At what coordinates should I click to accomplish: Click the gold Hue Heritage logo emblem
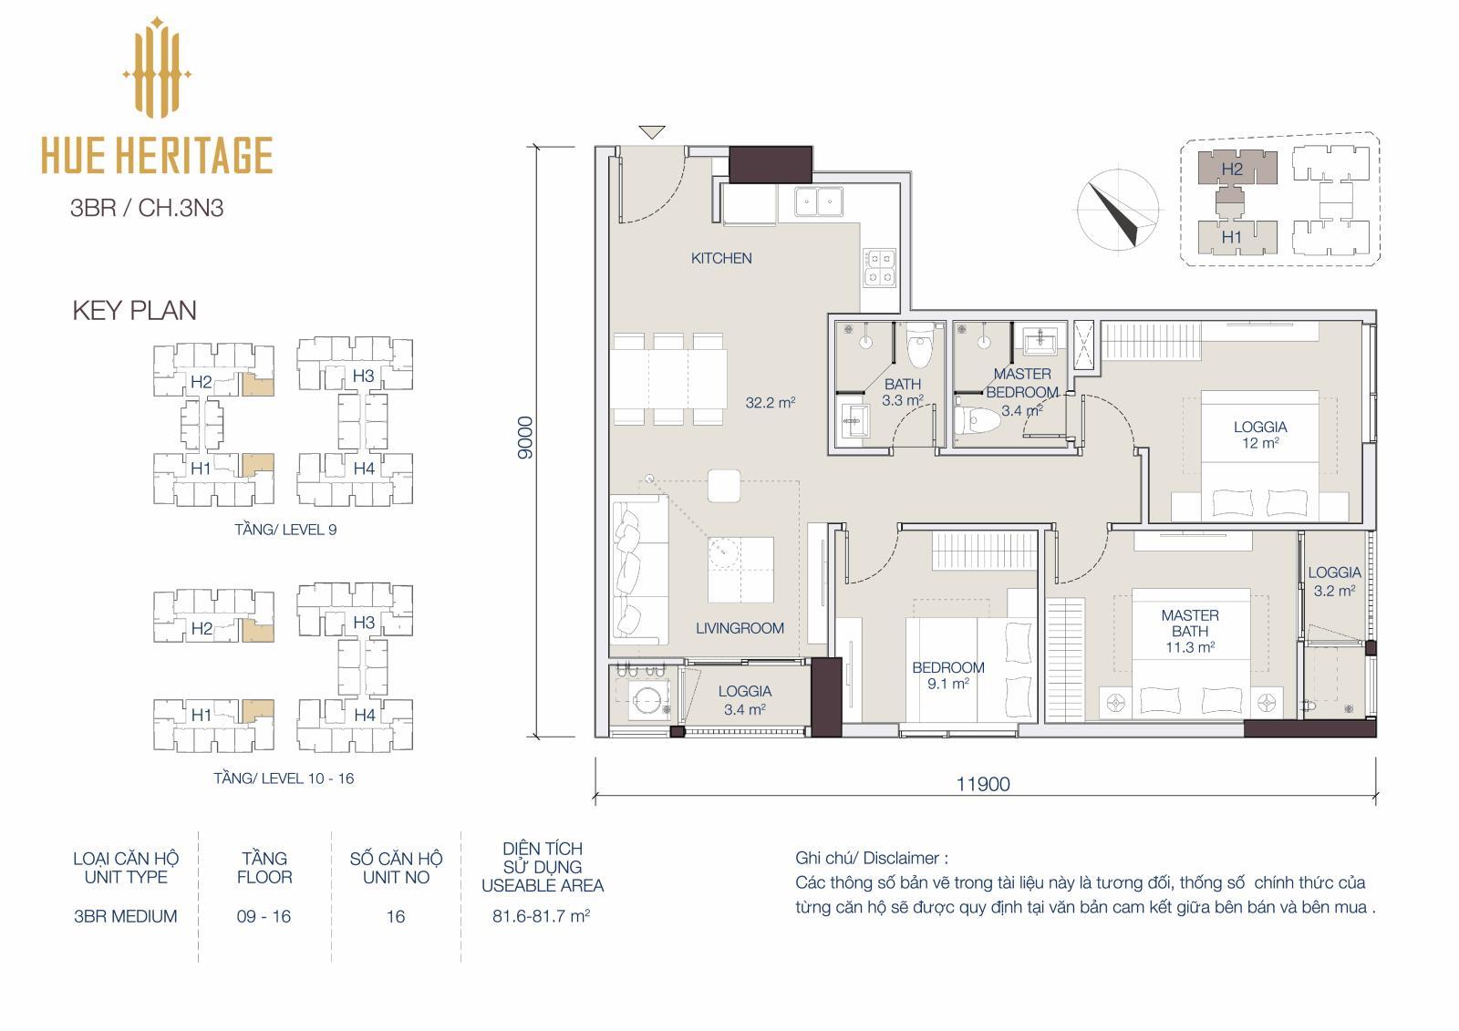pos(157,67)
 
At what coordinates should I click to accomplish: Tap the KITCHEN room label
pos(721,259)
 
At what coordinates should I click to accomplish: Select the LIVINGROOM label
pos(740,628)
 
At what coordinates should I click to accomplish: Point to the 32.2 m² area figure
pos(770,403)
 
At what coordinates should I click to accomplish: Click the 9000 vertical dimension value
pos(525,438)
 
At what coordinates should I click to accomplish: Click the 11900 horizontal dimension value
pos(983,784)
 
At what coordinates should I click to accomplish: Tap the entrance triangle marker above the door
pos(652,131)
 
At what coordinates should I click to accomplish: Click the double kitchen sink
pos(819,201)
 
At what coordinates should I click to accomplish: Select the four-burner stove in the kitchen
pos(879,268)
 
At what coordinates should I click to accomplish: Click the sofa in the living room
pos(640,569)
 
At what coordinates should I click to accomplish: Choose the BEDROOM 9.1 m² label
pos(948,675)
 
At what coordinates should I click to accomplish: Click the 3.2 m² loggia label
pos(1334,582)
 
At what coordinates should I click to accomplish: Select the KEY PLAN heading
pos(134,311)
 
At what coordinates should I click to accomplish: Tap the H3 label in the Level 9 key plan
pos(363,376)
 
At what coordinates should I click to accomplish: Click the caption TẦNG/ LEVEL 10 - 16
pos(284,778)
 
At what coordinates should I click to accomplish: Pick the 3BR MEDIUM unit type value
pos(125,916)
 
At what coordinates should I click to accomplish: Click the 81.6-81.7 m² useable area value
pos(542,916)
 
